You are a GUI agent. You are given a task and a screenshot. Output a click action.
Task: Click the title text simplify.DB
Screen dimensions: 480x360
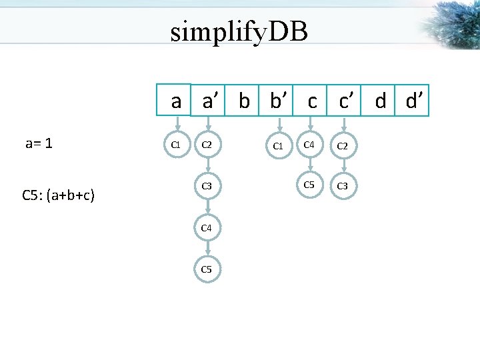coord(239,31)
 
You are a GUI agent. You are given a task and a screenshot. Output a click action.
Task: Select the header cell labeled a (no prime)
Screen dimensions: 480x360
coord(175,101)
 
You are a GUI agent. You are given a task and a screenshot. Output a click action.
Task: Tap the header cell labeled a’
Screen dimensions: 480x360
coord(209,101)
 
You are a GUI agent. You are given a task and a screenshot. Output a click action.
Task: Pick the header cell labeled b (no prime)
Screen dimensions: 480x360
coord(244,101)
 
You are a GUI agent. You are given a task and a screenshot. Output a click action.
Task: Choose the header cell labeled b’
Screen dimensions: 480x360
coord(277,101)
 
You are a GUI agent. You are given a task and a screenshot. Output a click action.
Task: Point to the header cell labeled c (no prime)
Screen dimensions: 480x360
coord(311,101)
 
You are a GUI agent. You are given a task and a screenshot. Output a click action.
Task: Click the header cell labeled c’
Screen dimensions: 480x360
coord(345,101)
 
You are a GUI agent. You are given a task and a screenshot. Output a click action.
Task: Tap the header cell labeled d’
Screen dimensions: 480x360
coord(413,101)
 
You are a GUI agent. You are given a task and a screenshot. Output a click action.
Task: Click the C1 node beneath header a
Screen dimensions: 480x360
coord(177,143)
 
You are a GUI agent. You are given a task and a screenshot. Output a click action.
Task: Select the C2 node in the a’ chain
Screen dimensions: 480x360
coord(207,145)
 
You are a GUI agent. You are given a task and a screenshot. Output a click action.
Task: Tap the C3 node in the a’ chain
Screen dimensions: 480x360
coord(207,186)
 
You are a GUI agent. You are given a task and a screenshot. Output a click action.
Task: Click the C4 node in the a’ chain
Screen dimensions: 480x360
coord(207,228)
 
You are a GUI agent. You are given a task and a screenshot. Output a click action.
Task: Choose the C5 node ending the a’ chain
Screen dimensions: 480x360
coord(207,269)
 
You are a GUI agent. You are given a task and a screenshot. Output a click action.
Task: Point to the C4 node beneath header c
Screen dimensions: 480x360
coord(309,144)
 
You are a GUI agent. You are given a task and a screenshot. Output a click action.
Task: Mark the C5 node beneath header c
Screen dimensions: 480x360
coord(309,185)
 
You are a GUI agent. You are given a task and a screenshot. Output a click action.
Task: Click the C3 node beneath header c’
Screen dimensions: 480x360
coord(342,186)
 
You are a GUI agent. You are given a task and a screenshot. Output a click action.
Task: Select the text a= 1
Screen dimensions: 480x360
coord(39,143)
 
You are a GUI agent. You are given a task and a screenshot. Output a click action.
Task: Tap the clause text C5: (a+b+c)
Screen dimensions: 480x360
coord(58,195)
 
